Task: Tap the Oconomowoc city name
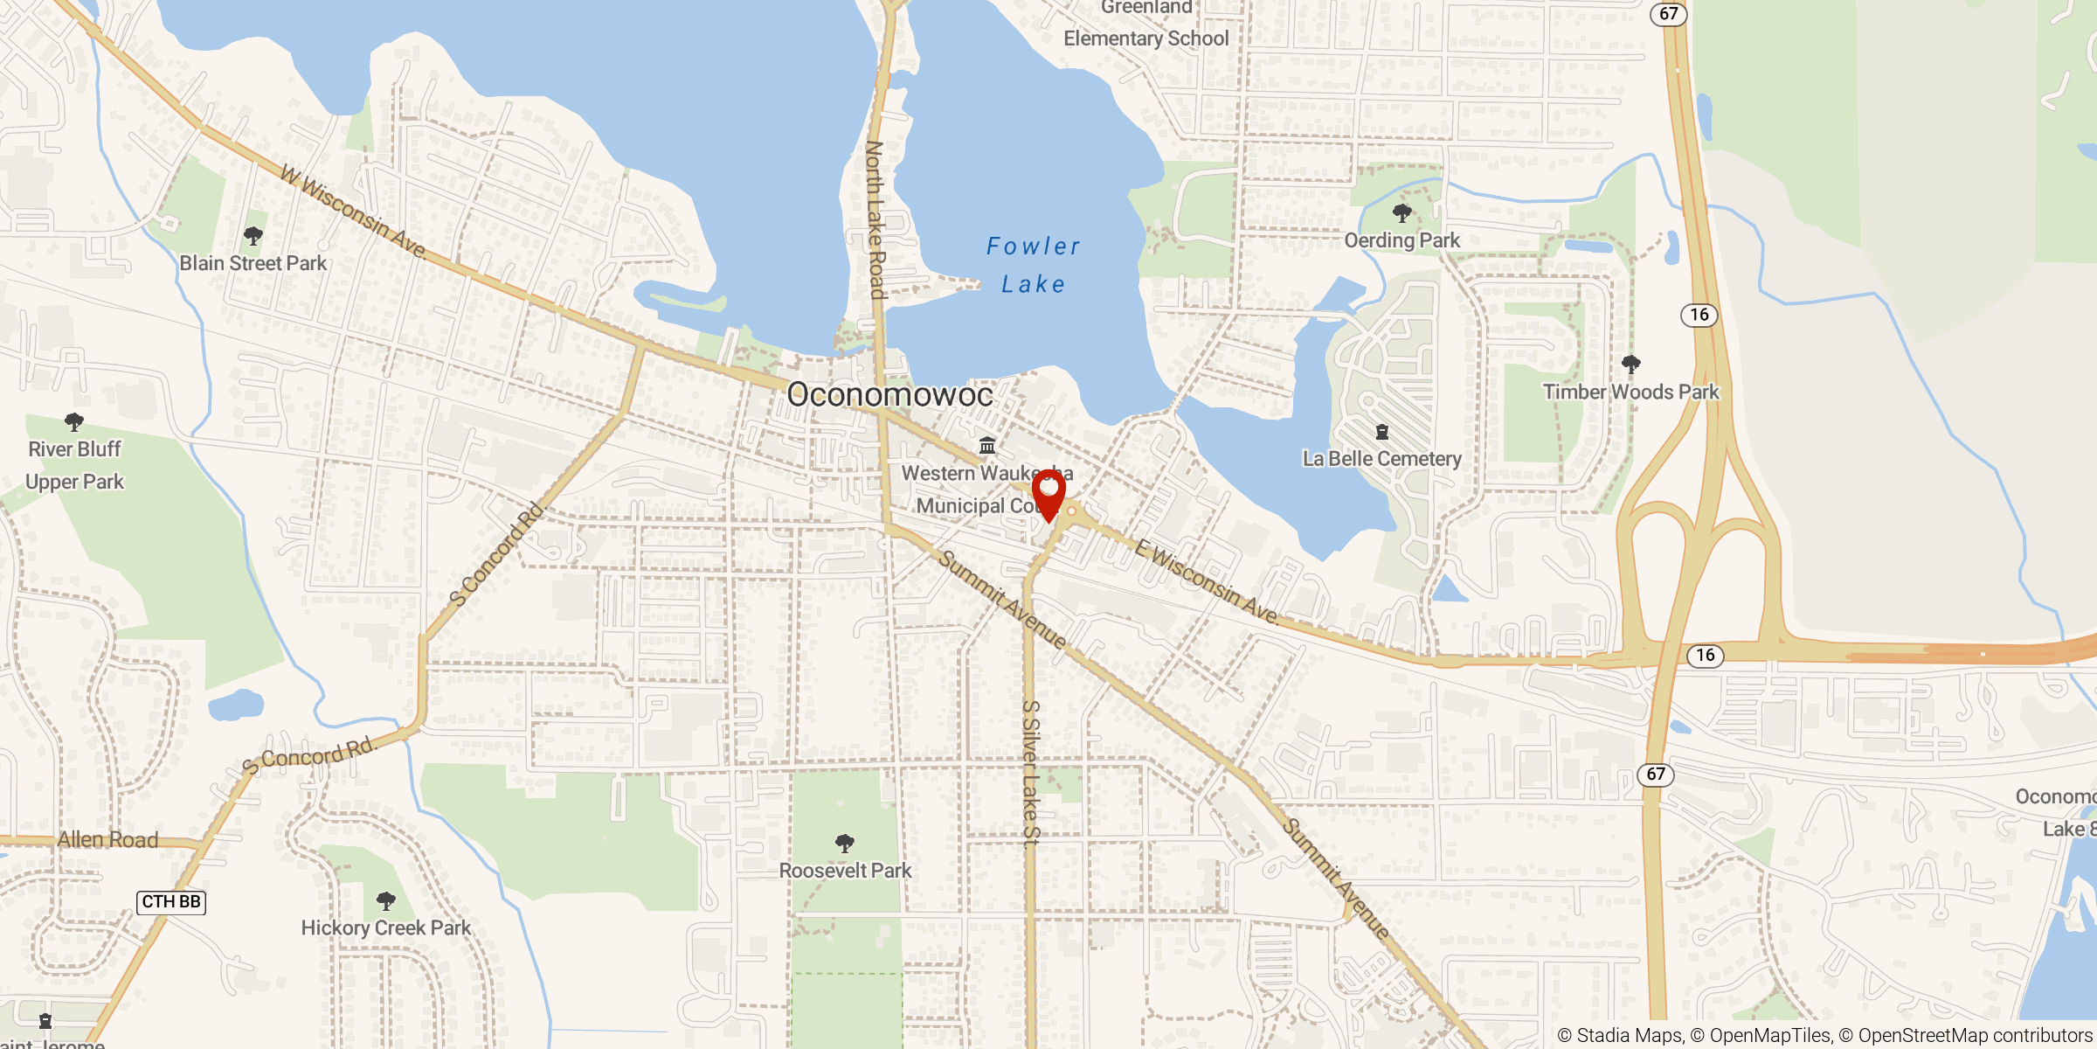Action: tap(889, 394)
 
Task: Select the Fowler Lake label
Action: tap(1033, 265)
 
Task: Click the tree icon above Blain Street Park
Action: tap(253, 236)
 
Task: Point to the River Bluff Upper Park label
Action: tap(75, 465)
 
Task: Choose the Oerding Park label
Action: tap(1401, 240)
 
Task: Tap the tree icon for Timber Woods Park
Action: tap(1630, 364)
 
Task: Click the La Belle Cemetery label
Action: tap(1381, 459)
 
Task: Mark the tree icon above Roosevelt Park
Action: tap(844, 844)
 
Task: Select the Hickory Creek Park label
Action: tap(385, 927)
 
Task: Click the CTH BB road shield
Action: tap(171, 902)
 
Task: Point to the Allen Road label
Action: tap(107, 840)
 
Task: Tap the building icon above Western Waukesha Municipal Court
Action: tap(987, 446)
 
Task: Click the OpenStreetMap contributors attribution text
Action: tap(1975, 1036)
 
